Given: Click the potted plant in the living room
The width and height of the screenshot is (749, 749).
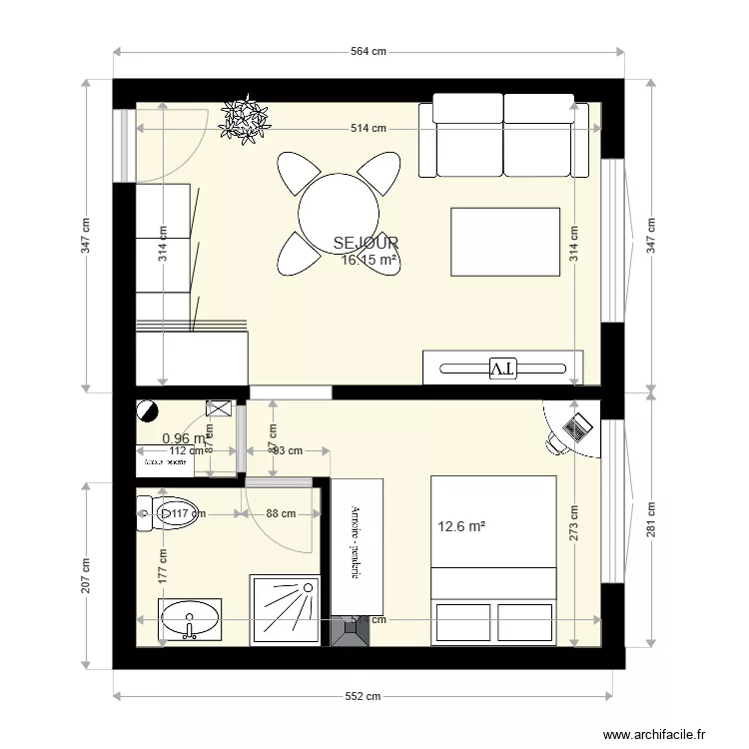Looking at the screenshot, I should (245, 119).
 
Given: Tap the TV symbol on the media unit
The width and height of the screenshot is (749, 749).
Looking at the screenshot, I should (502, 368).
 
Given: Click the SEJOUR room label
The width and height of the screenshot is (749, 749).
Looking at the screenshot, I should (366, 243).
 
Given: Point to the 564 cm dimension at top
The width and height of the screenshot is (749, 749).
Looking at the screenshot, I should (368, 52).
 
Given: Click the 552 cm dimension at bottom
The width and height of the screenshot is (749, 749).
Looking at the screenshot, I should (363, 697).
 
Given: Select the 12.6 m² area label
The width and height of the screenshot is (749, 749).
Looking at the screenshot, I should (461, 526).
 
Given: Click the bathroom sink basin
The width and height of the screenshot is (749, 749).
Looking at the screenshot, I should (190, 618).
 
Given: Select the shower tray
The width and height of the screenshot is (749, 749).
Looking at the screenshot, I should (285, 608).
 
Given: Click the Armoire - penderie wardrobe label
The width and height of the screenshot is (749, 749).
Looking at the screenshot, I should (356, 544).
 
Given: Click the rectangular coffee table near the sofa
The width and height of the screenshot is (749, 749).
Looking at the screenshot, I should (504, 240).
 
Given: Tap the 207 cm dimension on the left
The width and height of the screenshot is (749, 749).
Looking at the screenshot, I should (86, 574).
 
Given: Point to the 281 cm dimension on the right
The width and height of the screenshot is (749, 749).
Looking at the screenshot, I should (652, 519).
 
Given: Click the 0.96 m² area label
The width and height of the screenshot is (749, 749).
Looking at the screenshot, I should (184, 437).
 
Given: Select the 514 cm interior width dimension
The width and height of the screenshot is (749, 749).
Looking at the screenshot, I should (368, 128).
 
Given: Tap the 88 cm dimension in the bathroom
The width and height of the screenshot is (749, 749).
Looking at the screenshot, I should (281, 514).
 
